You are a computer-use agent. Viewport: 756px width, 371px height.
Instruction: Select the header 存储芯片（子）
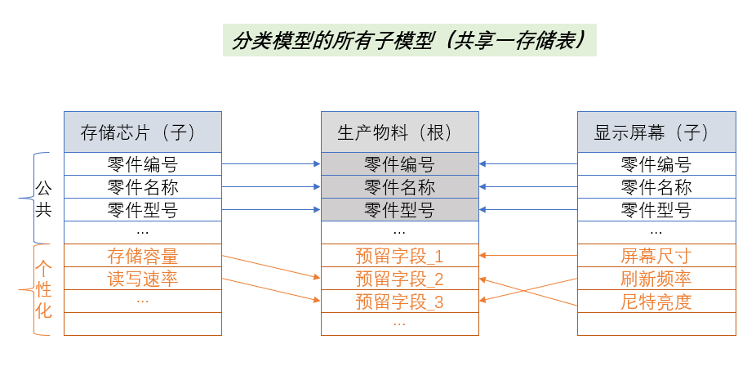click(x=142, y=132)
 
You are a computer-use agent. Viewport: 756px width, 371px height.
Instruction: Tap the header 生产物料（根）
click(x=399, y=132)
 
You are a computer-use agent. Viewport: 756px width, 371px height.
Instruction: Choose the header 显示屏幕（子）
click(x=656, y=132)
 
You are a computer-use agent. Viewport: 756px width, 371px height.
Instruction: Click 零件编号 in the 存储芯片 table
click(x=142, y=164)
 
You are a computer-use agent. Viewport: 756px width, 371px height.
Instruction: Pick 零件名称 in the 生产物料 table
click(x=399, y=187)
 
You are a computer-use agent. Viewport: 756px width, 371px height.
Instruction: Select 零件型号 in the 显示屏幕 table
click(x=656, y=210)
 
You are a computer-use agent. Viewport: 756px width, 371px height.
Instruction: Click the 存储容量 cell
click(x=142, y=256)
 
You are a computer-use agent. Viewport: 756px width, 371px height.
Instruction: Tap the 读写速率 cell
click(x=142, y=279)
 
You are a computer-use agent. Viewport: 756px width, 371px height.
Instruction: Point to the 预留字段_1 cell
click(x=399, y=256)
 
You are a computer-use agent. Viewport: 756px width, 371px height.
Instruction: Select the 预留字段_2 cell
click(x=399, y=279)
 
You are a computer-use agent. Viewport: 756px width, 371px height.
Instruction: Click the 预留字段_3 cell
click(x=399, y=302)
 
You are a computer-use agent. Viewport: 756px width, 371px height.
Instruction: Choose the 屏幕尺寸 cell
click(x=656, y=256)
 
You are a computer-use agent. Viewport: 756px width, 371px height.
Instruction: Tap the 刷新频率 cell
click(x=656, y=279)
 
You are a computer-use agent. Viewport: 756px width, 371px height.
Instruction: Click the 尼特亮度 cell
click(x=656, y=302)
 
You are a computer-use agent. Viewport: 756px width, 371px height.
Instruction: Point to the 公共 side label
click(x=44, y=199)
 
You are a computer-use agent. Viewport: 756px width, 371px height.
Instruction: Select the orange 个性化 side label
click(x=44, y=289)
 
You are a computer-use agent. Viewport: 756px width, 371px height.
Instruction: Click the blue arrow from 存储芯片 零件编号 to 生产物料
click(x=270, y=164)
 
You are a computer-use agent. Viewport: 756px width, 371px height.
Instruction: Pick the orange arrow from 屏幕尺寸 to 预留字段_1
click(x=528, y=256)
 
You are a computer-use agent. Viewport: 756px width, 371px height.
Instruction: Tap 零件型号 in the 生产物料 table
click(x=399, y=210)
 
